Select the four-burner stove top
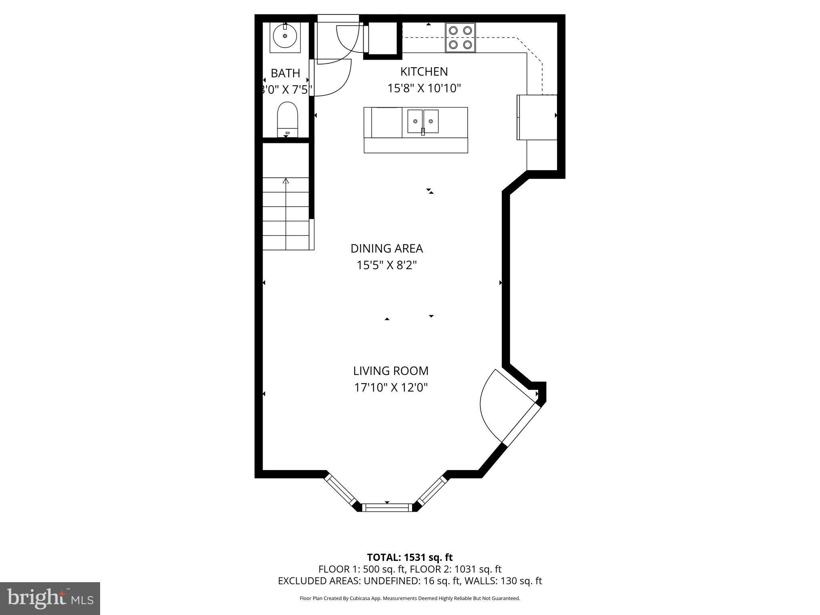[460, 38]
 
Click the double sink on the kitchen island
[423, 121]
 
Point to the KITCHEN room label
[424, 72]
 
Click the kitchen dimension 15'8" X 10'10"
[424, 88]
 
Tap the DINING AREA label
[386, 249]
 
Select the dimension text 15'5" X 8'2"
[386, 265]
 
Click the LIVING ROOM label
[390, 371]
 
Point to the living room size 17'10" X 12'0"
[390, 388]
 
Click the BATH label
[285, 73]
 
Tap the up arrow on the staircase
[285, 181]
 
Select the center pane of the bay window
[387, 507]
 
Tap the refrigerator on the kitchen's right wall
[537, 117]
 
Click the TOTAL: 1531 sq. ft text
[410, 557]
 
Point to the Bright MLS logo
[50, 598]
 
